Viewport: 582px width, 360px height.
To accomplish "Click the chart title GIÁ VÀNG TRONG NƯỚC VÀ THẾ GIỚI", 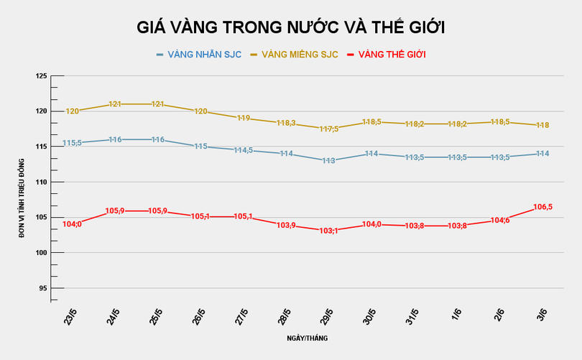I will pos(291,27).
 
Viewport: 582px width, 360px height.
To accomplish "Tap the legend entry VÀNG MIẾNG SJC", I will pos(301,55).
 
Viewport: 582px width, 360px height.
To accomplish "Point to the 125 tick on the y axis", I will pos(41,76).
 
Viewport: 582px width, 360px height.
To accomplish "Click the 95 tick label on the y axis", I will pos(42,288).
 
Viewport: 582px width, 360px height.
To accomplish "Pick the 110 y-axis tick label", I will pos(41,183).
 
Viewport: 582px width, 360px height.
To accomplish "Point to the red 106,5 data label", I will pos(543,207).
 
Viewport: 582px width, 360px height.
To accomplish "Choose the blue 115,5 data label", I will pos(73,143).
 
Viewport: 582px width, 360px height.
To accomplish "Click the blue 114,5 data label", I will pos(244,150).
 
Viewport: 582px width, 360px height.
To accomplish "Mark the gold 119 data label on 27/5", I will pos(244,119).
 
